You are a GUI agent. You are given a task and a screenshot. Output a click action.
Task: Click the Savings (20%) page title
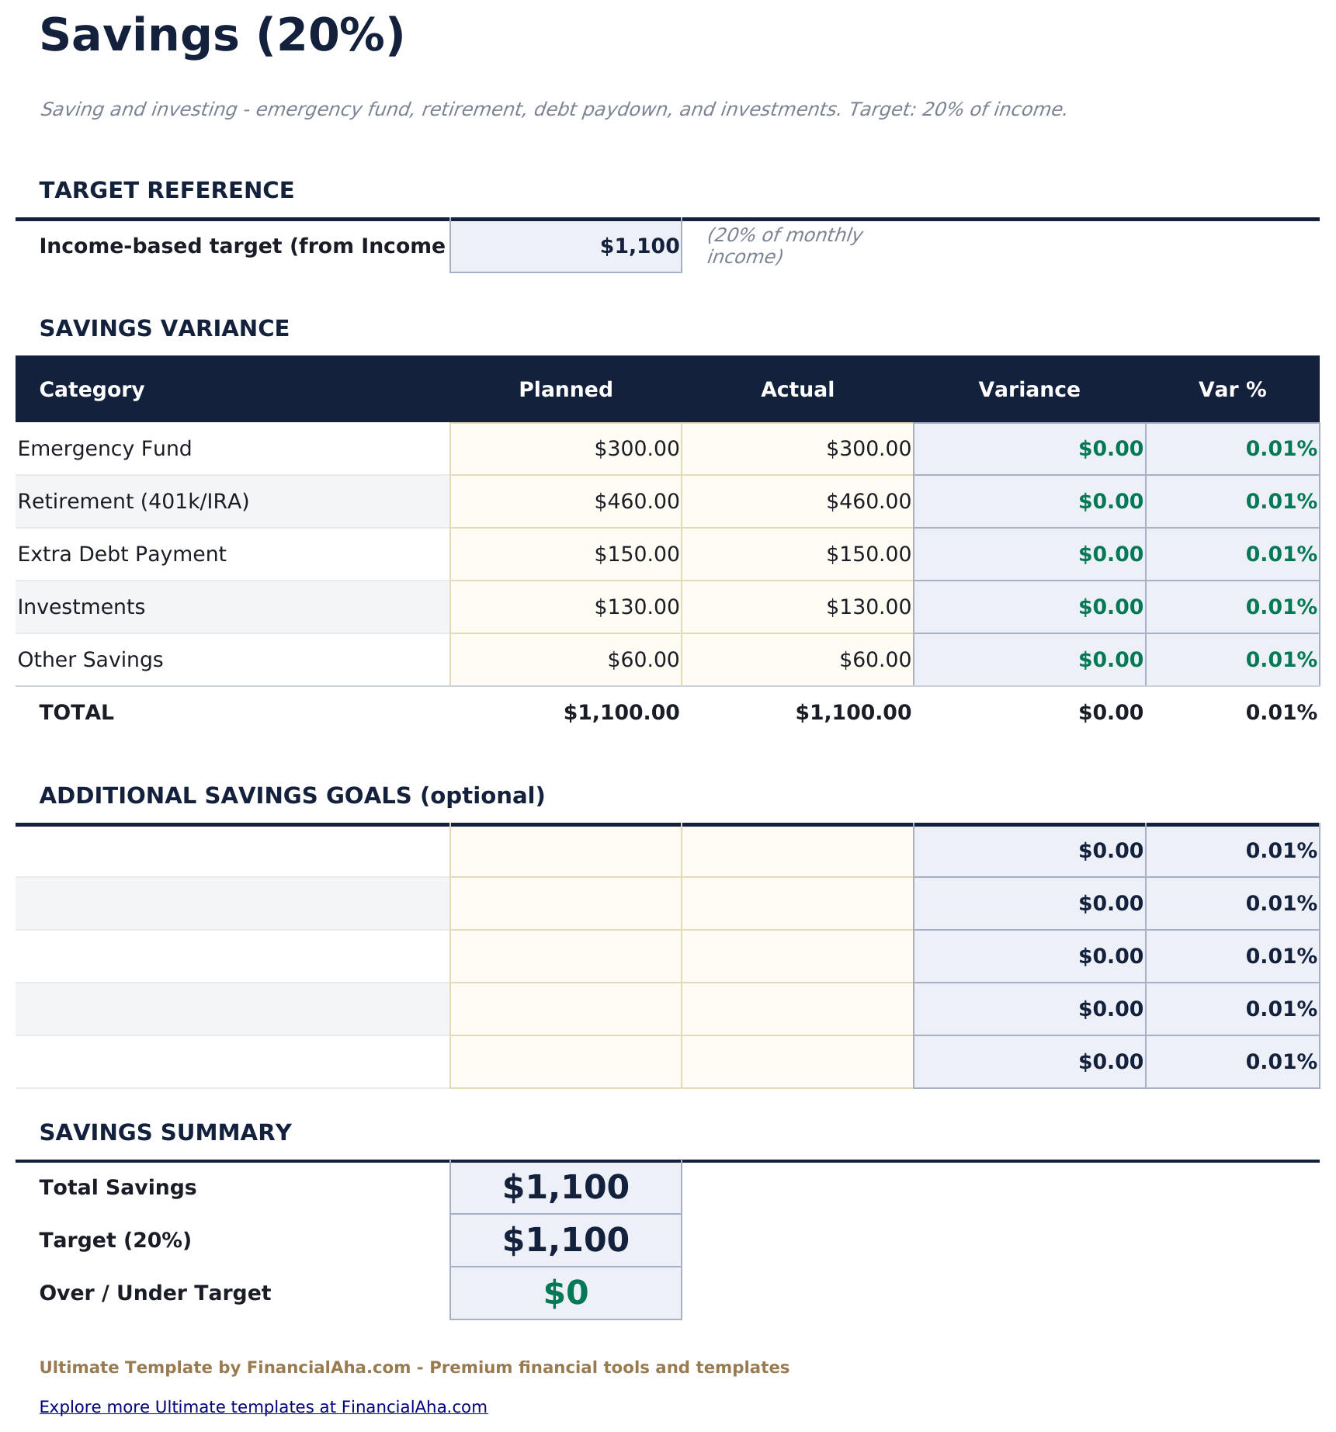[222, 36]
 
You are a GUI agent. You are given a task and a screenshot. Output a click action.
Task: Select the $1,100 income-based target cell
[566, 246]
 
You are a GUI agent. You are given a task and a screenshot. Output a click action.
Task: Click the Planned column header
[565, 390]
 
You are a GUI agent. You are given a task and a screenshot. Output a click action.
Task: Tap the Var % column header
[1232, 390]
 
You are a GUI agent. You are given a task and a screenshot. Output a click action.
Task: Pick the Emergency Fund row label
[105, 449]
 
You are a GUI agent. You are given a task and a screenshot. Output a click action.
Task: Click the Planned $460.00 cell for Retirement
[566, 501]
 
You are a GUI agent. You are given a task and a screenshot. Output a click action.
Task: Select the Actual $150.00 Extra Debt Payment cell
[797, 554]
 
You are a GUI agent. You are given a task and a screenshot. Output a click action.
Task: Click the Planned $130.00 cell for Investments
[566, 607]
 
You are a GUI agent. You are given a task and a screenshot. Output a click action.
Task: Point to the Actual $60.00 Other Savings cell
[797, 660]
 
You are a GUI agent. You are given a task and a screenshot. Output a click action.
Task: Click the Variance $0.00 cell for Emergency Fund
[1029, 449]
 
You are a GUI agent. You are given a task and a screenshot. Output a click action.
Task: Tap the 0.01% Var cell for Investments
[1233, 607]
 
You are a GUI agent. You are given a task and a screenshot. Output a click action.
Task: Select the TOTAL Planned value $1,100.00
[621, 713]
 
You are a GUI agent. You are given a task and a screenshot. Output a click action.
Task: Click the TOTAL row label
[77, 713]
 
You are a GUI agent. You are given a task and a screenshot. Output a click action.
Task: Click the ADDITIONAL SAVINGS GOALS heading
[292, 796]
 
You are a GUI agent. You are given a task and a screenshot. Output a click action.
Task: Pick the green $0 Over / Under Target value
[566, 1293]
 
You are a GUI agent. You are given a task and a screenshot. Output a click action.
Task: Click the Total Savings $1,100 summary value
[566, 1188]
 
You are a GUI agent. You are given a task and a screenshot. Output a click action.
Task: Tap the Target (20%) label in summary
[115, 1240]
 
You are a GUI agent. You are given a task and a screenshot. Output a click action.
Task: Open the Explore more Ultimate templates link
[263, 1406]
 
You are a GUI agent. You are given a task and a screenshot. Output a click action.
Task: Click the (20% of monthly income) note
[784, 245]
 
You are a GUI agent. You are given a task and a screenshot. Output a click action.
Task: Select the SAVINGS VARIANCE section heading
[164, 328]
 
